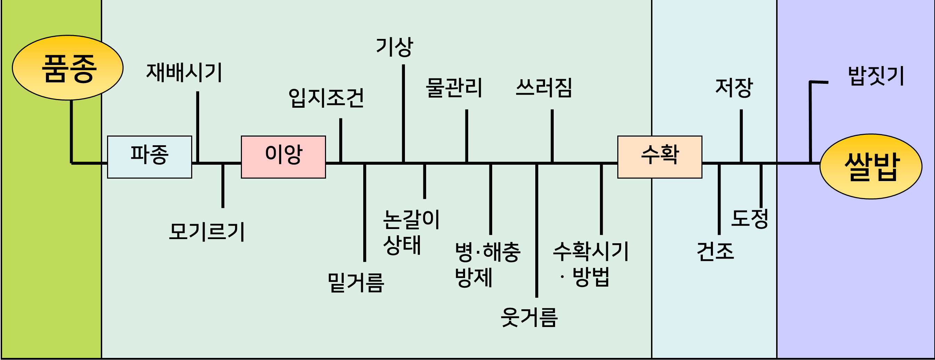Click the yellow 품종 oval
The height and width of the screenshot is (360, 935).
coord(68,67)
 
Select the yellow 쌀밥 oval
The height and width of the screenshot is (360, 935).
coord(871,166)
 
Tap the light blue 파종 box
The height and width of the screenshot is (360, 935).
coord(149,157)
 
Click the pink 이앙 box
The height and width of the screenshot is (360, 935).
coord(284,157)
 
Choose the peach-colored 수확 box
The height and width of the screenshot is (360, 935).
coord(659,157)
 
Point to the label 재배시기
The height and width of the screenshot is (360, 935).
coord(184,73)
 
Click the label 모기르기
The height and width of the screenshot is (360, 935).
coord(207,231)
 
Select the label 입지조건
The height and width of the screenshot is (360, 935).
coord(326,98)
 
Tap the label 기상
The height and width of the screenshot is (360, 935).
coord(394,47)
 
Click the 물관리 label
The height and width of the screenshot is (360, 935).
coord(454,88)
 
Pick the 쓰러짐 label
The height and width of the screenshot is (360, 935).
coord(544,88)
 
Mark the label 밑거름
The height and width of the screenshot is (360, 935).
coord(356,283)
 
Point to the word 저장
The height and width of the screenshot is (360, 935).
coord(734,88)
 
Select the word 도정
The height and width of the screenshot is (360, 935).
coord(749,219)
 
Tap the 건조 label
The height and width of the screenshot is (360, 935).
coord(715,251)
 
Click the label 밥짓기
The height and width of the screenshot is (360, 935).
coord(876,76)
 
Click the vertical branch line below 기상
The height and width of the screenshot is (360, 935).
coord(403,113)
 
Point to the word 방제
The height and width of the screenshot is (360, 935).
coord(473,278)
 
